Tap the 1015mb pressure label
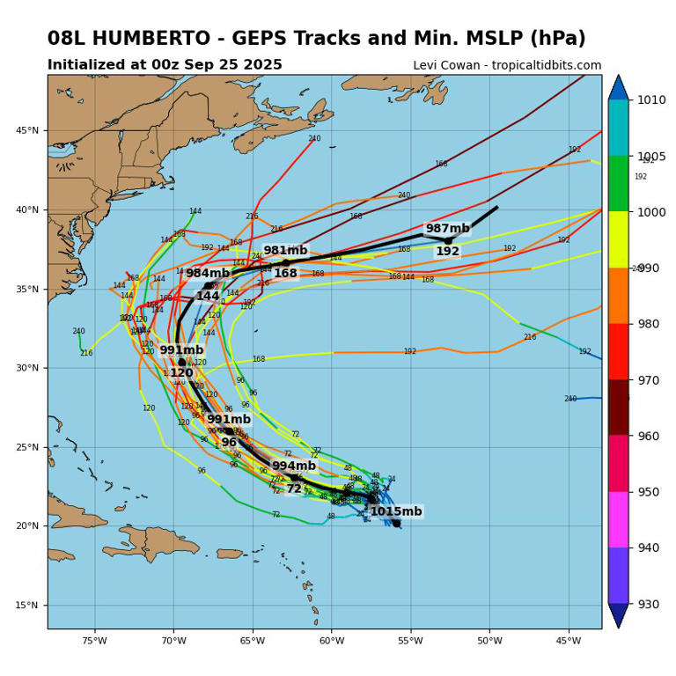tap(395, 511)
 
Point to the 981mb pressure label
tap(285, 251)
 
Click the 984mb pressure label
tap(207, 274)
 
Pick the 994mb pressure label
tap(293, 467)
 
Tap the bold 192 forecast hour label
tap(447, 252)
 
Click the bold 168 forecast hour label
tap(285, 274)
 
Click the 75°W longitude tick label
tap(94, 640)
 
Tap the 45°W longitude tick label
tap(569, 640)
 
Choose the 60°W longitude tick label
tap(332, 640)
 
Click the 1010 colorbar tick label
tap(652, 99)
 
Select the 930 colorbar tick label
tap(652, 604)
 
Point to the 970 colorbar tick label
tap(652, 380)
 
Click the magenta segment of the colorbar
tap(618, 519)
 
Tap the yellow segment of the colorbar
tap(618, 239)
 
